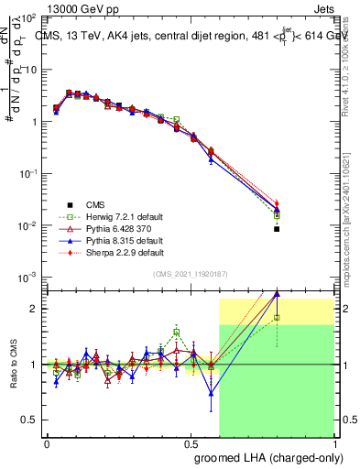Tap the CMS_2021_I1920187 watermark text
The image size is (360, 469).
191,274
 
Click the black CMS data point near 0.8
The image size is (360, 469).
277,229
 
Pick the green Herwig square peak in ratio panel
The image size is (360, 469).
177,333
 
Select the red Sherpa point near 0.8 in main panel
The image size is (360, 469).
277,203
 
